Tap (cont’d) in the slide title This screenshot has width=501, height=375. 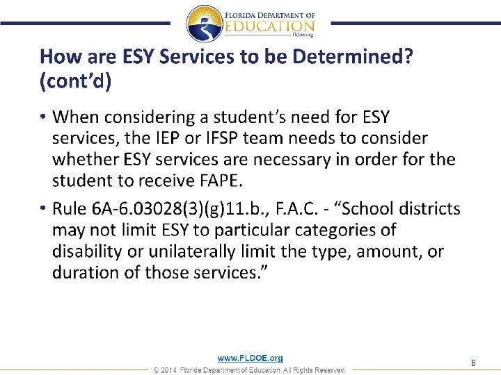[x=74, y=81]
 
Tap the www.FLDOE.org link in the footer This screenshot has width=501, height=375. [x=250, y=358]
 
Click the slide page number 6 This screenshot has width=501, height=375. [x=473, y=363]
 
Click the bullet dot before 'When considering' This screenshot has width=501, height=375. [x=43, y=115]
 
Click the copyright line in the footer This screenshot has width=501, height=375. [x=250, y=370]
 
